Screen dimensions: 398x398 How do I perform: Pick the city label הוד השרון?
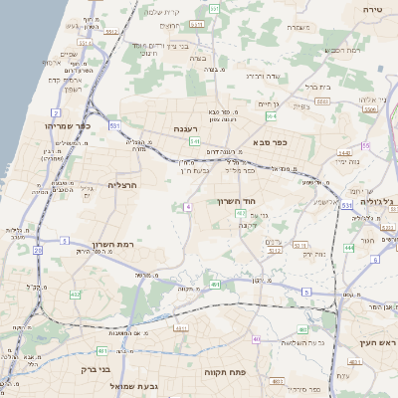[x=237, y=201]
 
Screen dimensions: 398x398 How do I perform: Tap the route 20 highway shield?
[x=38, y=251]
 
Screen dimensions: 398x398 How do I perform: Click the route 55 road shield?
[x=365, y=146]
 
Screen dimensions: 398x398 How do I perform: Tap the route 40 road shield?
[x=256, y=339]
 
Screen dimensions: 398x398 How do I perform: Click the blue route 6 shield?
[x=375, y=260]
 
